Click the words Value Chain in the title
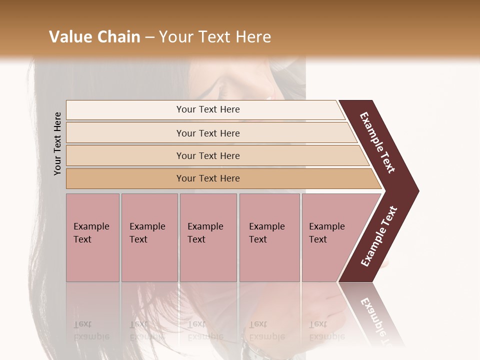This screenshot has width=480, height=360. pos(94,37)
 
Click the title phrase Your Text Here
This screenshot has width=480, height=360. pos(215,37)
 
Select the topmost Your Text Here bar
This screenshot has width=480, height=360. pos(208,109)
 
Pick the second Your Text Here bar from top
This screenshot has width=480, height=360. pos(208,133)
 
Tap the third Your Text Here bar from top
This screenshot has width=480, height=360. pos(208,155)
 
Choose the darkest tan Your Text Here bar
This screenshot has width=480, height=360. pos(208,178)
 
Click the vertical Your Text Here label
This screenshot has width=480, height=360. pos(57,143)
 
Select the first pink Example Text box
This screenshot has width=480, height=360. pos(92,237)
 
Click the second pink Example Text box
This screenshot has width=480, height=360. pos(149,237)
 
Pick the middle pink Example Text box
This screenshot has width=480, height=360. pos(208,237)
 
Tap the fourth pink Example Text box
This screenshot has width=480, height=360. pos(269,237)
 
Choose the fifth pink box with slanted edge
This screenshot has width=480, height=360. pos(330,237)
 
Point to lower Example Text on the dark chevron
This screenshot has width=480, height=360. pos(379,236)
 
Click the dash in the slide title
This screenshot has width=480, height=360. pos(149,37)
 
